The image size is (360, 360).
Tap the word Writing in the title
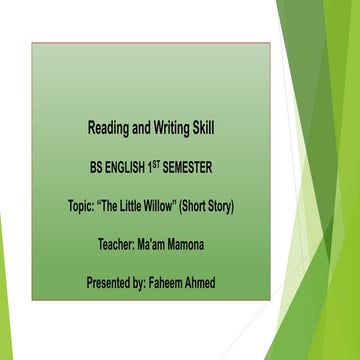[x=179, y=128]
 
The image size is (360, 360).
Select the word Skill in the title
[x=221, y=128]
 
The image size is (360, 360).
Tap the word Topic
[x=75, y=206]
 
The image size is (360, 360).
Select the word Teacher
[x=114, y=245]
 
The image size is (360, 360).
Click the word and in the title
[x=145, y=128]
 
